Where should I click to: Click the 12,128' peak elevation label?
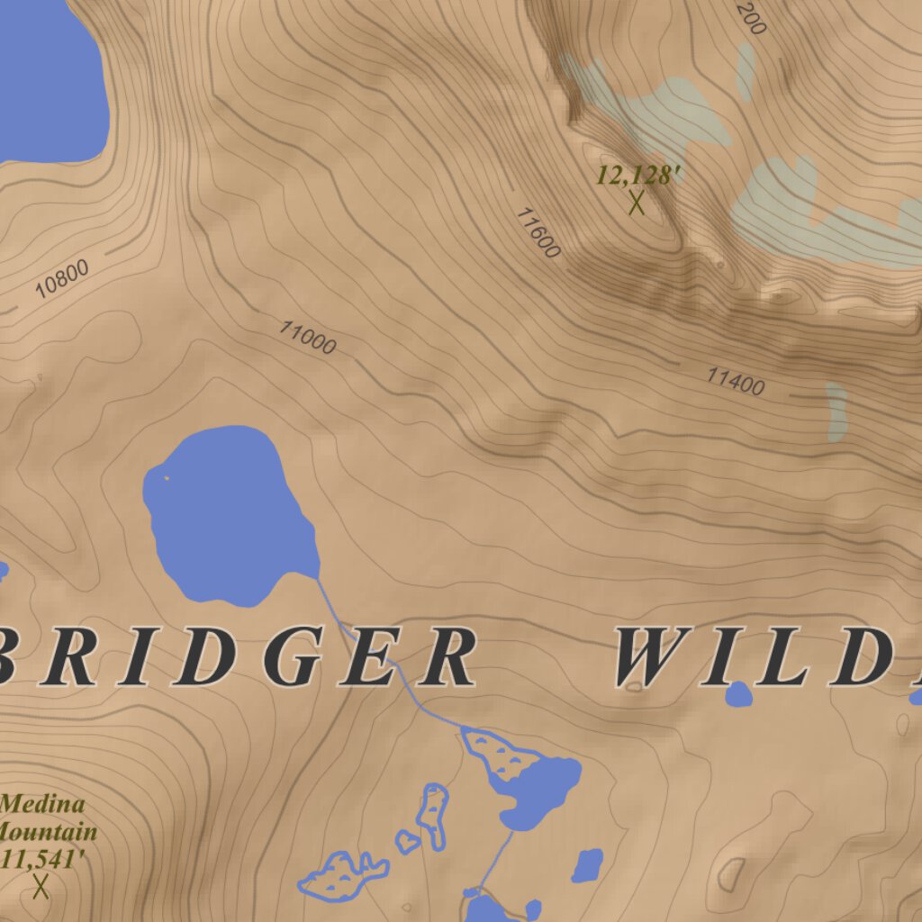[635, 175]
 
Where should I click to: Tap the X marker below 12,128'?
[637, 203]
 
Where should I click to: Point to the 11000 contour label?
[307, 337]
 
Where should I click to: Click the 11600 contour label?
[538, 232]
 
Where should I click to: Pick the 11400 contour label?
[735, 381]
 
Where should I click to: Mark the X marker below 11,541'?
[41, 887]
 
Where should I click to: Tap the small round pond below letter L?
[738, 693]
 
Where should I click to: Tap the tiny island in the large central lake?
[167, 477]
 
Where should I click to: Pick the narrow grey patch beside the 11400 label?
[836, 411]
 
